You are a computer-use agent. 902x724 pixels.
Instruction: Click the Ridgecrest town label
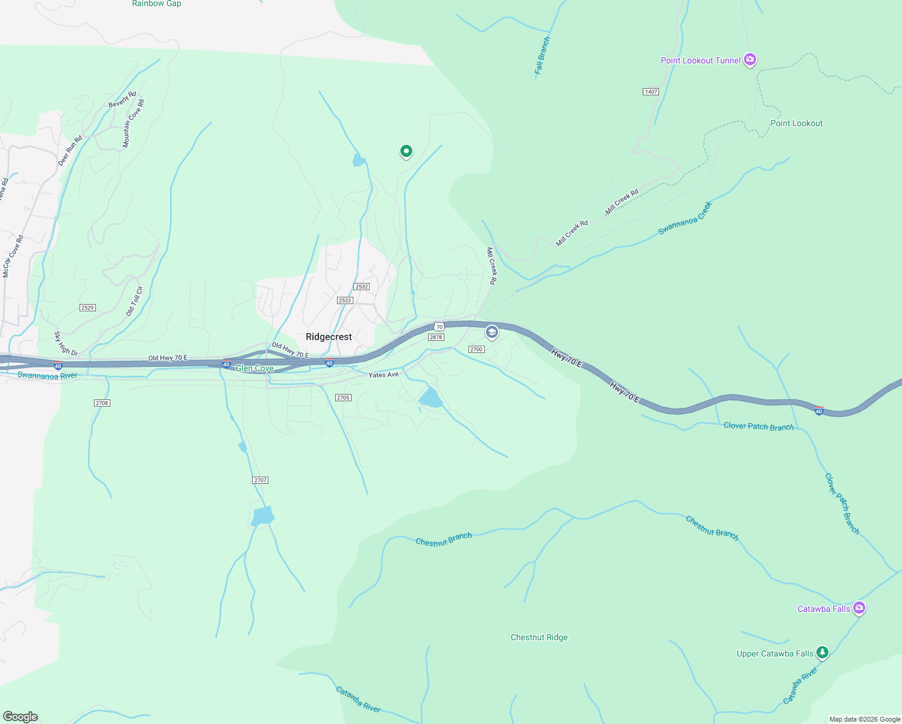329,337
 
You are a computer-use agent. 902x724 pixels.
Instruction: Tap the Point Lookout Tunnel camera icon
750,59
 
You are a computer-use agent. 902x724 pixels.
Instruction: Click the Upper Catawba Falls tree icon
822,652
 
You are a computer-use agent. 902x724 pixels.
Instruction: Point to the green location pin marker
406,151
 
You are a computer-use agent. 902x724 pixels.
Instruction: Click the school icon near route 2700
492,332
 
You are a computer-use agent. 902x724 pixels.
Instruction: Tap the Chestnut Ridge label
539,637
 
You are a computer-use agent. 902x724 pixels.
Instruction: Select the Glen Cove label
254,368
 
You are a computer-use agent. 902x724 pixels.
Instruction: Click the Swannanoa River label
47,375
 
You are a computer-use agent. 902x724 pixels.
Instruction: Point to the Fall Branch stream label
543,56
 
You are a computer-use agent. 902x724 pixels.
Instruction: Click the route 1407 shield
651,92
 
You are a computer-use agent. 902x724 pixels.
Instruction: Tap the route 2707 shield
260,480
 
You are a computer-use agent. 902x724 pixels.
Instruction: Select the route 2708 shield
102,403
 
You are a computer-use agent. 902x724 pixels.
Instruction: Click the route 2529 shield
87,308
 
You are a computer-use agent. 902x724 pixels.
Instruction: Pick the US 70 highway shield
439,326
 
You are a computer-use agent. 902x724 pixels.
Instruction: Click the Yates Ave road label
383,375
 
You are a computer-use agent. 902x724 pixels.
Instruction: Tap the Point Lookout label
796,123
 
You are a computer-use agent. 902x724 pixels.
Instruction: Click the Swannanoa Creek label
685,218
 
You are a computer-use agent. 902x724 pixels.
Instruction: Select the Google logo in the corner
20,717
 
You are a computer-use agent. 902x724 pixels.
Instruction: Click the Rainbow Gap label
157,4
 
